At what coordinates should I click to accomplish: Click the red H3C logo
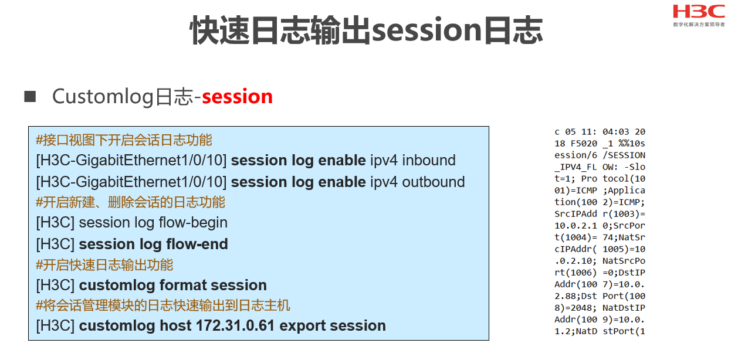pos(699,12)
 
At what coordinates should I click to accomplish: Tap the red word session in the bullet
pos(237,97)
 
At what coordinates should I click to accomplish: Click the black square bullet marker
pos(30,97)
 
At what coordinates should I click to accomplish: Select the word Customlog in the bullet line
pos(103,97)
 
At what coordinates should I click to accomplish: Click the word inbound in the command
pos(429,161)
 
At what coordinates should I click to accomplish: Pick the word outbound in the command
pos(434,182)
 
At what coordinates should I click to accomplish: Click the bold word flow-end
pos(197,244)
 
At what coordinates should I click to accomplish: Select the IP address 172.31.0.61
pos(235,326)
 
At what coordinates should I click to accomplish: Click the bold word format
pos(183,285)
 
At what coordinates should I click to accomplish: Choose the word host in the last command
pos(175,326)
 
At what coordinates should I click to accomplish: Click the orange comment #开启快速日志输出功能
pos(104,265)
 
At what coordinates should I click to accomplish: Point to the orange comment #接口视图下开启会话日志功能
pos(124,140)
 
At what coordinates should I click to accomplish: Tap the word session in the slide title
pos(427,30)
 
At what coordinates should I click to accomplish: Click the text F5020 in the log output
pos(584,144)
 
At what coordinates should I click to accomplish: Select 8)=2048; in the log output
pos(575,308)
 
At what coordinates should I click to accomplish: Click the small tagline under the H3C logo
pos(699,25)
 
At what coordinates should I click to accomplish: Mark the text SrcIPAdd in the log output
pos(575,214)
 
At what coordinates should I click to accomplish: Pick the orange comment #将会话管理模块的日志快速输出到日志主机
pos(163,305)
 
